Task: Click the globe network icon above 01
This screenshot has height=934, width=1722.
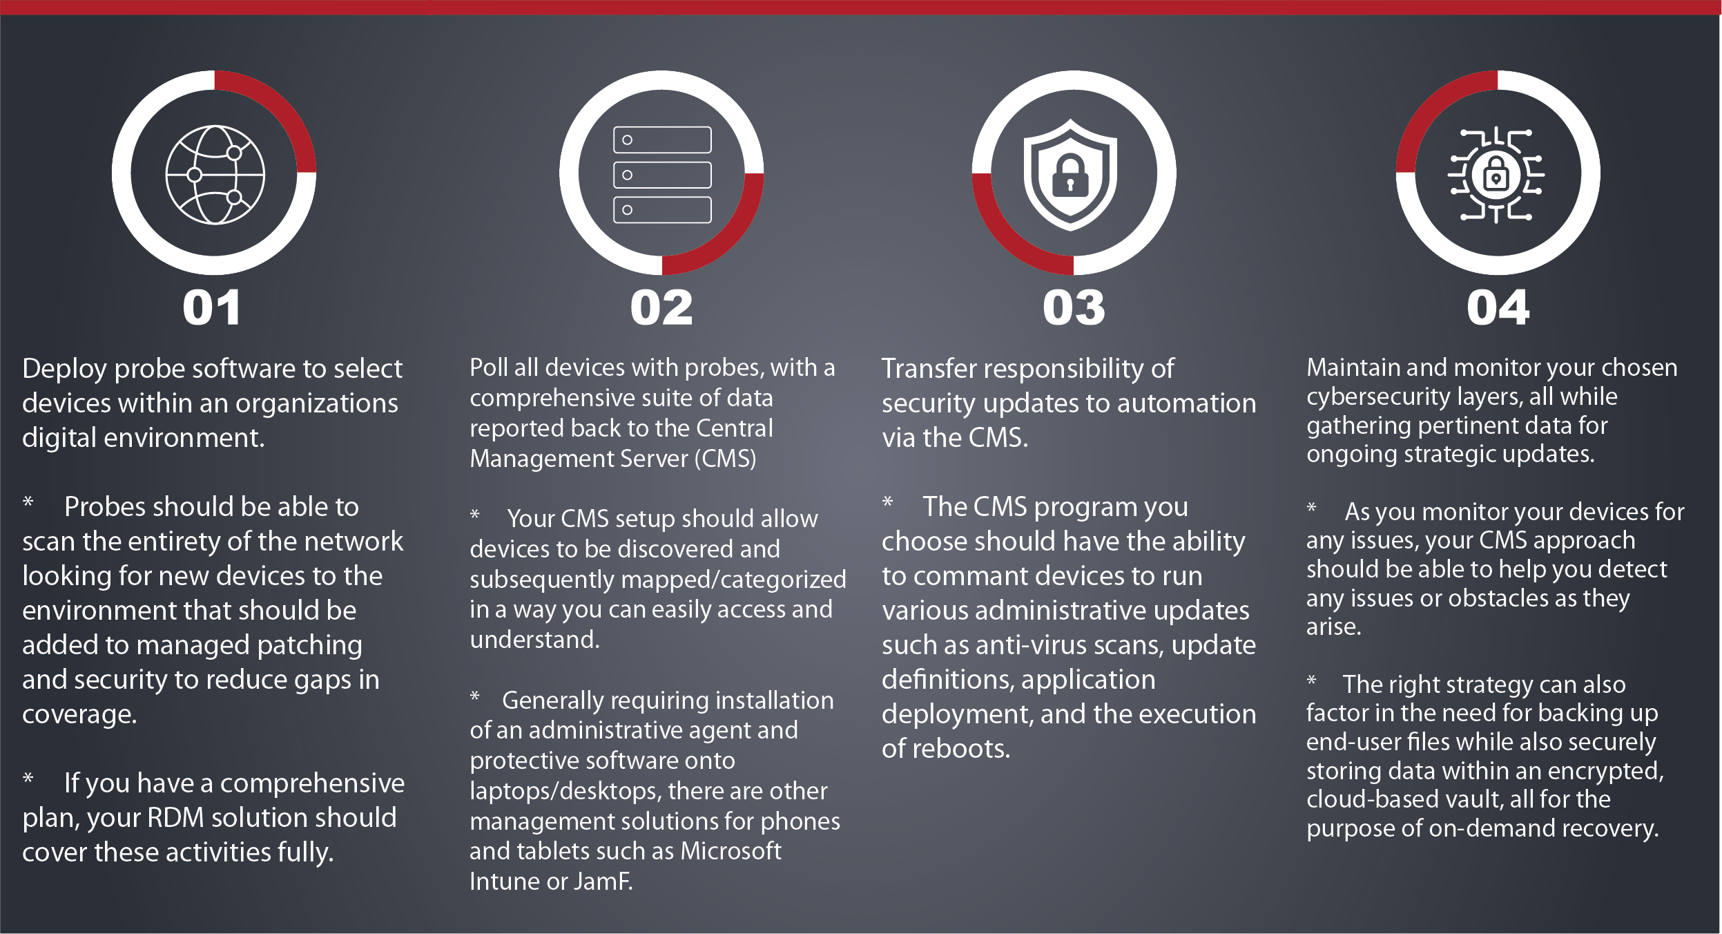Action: point(215,175)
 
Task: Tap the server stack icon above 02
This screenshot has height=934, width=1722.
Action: point(662,175)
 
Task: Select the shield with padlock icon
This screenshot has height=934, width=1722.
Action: point(1070,175)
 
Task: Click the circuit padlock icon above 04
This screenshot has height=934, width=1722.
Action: point(1496,175)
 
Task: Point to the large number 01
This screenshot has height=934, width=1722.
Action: point(212,307)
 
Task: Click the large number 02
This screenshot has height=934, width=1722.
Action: point(661,307)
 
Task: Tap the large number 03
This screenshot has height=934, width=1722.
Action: point(1074,307)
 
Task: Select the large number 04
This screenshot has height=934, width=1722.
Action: point(1498,307)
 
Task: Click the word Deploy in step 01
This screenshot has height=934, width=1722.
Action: point(64,370)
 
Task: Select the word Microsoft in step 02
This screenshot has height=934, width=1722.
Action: point(731,851)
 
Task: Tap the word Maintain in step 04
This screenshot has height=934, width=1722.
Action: point(1353,368)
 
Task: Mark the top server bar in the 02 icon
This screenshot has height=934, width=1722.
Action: point(662,140)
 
